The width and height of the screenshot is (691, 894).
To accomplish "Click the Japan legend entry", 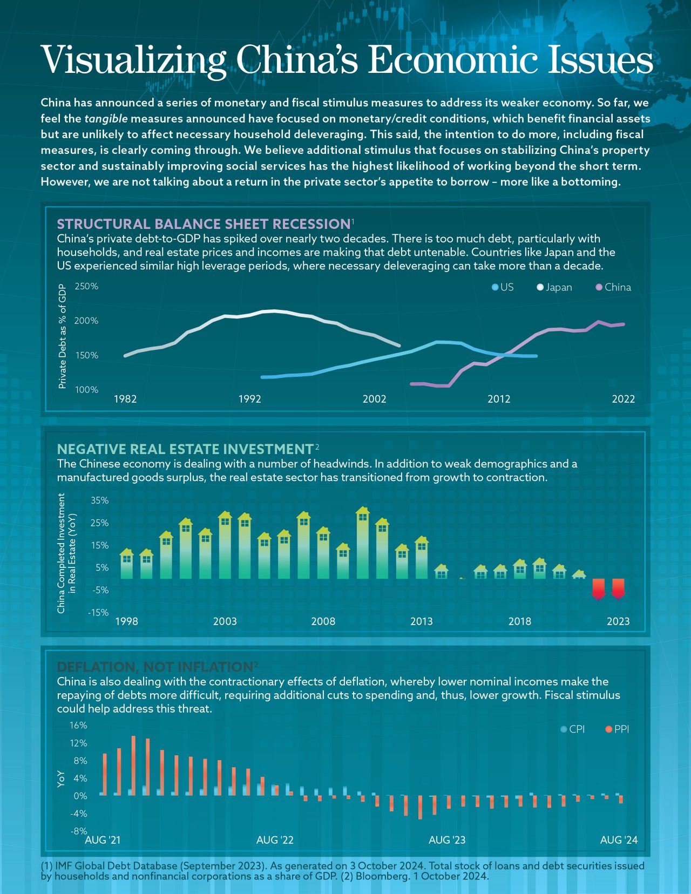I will click(x=554, y=287).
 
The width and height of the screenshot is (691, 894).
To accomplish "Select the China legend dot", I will click(x=599, y=287).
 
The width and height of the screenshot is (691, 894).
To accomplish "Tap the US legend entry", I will click(x=503, y=287).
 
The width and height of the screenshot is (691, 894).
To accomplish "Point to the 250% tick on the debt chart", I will click(x=86, y=286).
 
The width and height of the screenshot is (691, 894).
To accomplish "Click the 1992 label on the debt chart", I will click(x=249, y=399).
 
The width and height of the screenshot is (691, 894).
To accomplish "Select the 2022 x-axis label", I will click(x=623, y=399).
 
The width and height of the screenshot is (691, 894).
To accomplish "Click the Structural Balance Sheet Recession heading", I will click(x=204, y=224).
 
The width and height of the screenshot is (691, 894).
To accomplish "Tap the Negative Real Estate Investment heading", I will click(x=185, y=449).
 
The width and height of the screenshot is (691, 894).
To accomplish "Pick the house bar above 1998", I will click(x=127, y=564).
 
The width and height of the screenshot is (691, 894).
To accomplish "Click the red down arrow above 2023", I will click(x=618, y=589).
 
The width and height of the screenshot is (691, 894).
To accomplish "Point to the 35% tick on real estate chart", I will click(x=99, y=500).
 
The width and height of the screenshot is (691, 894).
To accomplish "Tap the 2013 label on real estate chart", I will click(x=421, y=621).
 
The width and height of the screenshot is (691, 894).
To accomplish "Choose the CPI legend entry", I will click(x=573, y=729).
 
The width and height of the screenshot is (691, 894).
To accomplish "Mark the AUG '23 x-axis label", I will click(x=447, y=840).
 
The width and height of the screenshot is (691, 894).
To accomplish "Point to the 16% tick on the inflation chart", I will click(x=78, y=725).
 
